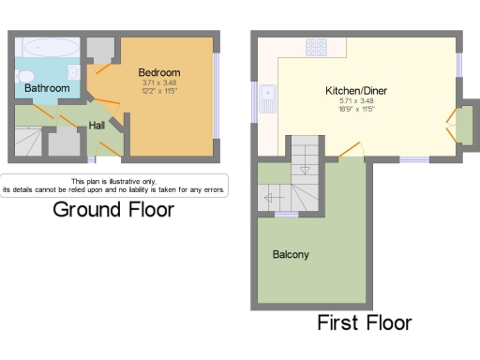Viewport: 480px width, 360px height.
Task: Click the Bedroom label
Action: coord(158,72)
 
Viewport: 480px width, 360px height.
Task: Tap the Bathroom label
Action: coord(47,88)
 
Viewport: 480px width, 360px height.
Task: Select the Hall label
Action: coord(97,125)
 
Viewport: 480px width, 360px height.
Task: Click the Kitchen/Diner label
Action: coord(356,91)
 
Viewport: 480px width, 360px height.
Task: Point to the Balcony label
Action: coord(291,254)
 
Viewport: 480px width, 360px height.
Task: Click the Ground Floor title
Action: coord(112,209)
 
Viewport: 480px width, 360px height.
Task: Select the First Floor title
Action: coord(364,323)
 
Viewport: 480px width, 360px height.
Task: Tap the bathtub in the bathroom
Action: coord(47,47)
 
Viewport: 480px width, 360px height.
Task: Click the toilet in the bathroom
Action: coord(24,76)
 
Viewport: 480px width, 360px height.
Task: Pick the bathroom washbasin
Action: coord(73,72)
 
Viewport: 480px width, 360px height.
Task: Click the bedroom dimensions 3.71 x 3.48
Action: coord(158,82)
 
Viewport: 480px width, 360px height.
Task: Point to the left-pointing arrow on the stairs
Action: coord(272,198)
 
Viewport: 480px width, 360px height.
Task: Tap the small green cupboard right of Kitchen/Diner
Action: coord(463,125)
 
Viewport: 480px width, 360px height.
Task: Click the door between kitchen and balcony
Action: coord(351,150)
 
